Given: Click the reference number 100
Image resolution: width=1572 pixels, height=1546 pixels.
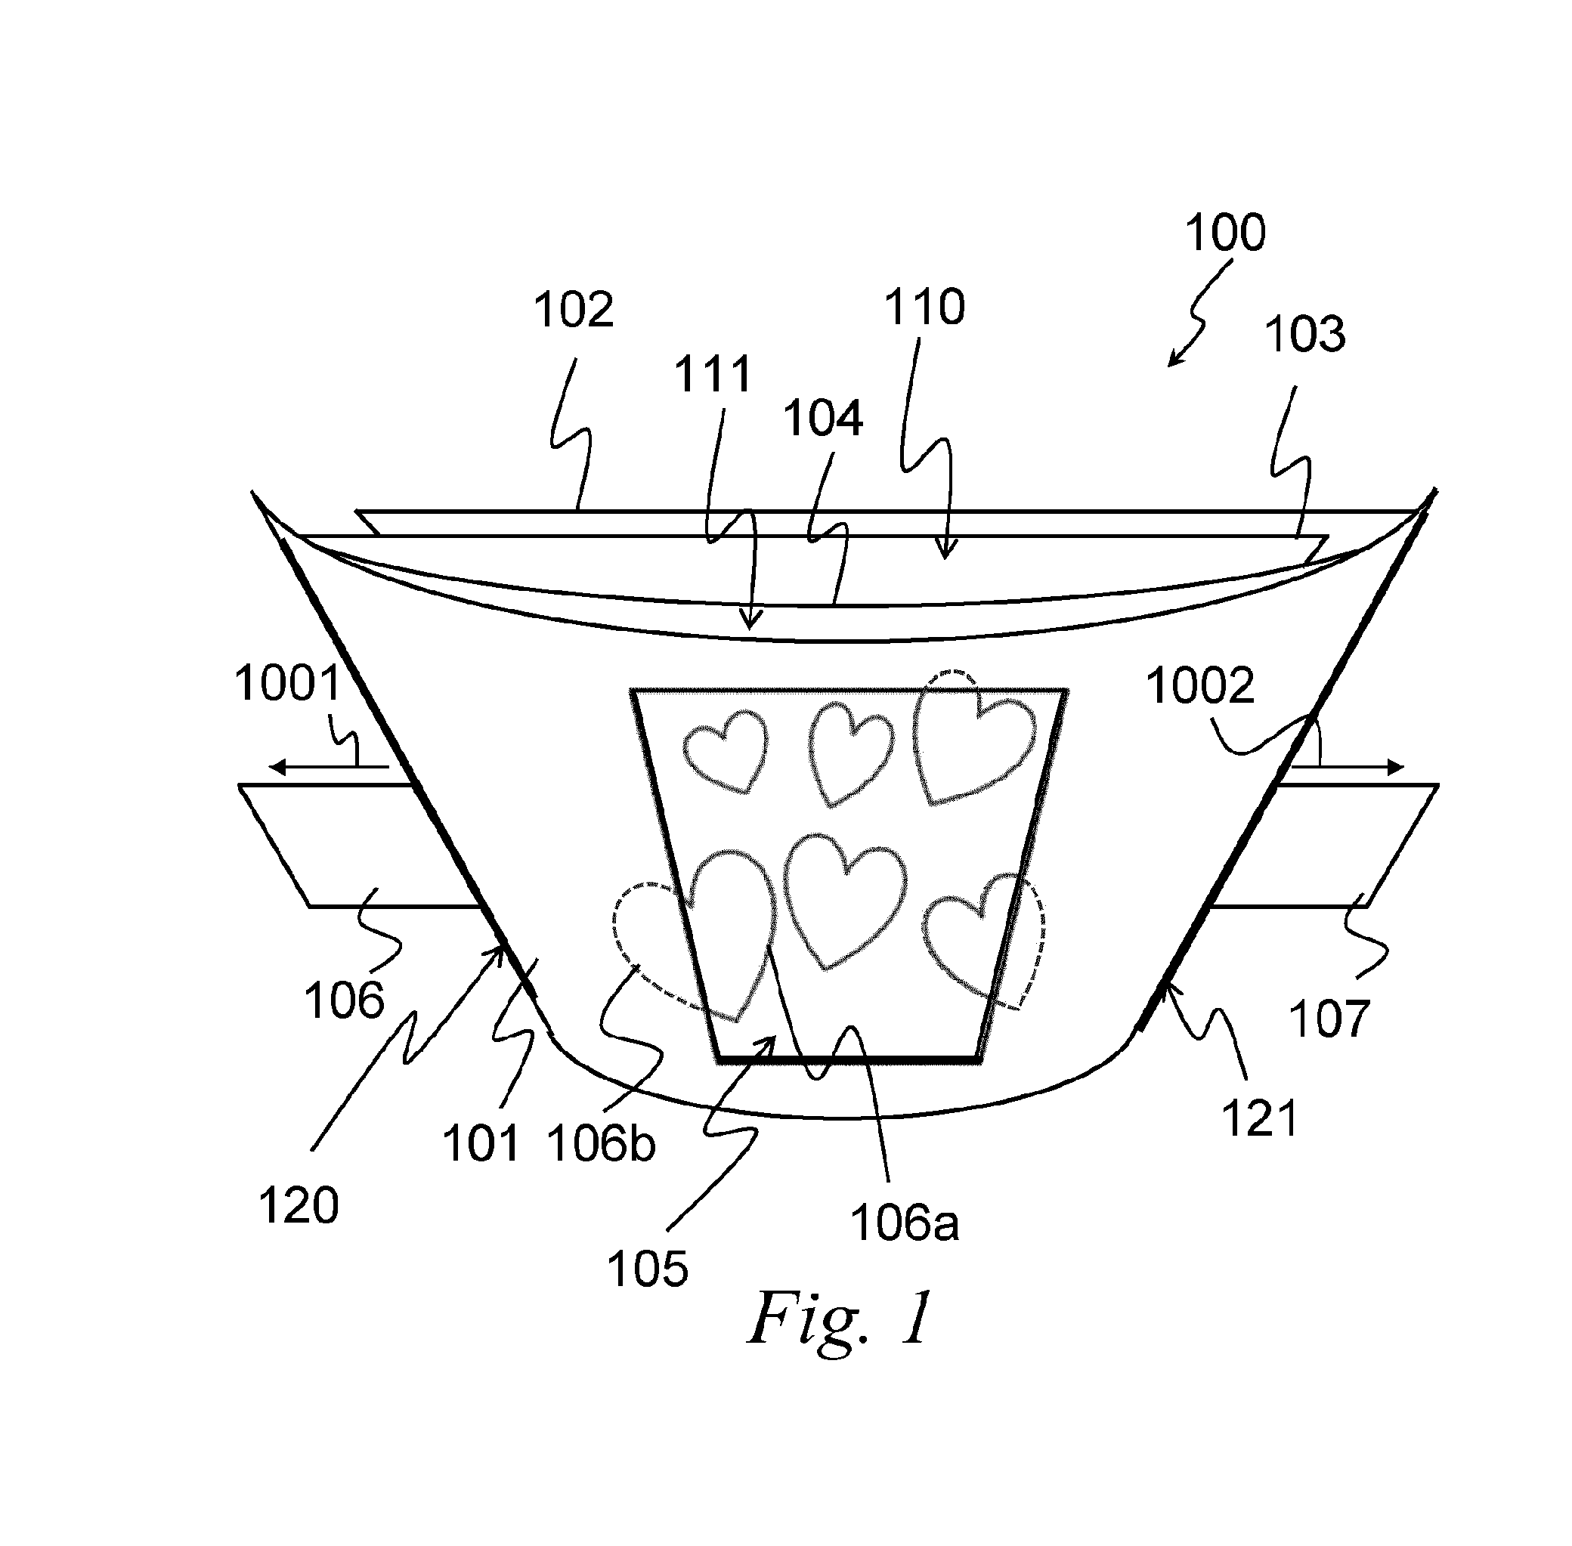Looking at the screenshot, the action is [1224, 232].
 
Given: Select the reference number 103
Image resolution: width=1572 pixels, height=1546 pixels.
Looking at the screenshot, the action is [1305, 334].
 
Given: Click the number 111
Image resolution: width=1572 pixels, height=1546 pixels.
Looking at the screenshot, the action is [713, 374].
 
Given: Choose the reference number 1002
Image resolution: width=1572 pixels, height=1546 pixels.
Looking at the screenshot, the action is [1200, 686].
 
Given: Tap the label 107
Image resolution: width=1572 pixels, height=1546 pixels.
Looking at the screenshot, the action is [1329, 1019].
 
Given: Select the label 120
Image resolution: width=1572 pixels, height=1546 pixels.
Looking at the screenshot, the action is [298, 1205].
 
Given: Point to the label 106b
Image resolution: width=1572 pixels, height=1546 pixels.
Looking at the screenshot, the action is [601, 1144].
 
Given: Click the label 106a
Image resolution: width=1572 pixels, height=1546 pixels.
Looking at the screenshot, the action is [905, 1223].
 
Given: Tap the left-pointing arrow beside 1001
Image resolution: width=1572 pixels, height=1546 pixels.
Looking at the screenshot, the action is [329, 766].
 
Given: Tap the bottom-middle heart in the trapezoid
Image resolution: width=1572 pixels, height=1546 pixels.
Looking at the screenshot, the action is [844, 900].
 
